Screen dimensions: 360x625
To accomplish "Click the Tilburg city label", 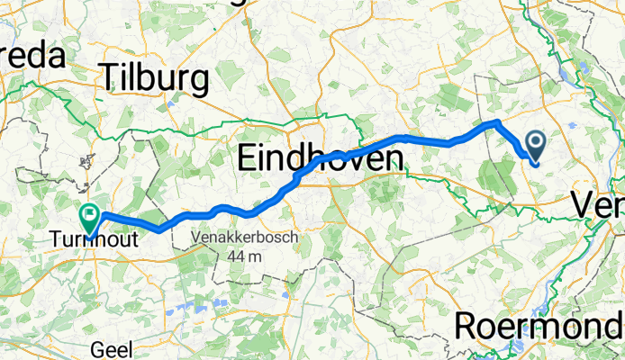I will click(x=156, y=78).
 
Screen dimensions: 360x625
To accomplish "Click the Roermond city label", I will click(x=539, y=325).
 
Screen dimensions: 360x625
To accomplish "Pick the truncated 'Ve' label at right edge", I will click(x=597, y=207).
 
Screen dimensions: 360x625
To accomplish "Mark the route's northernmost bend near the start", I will click(x=495, y=121).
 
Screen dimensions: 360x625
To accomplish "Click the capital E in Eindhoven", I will click(x=249, y=160).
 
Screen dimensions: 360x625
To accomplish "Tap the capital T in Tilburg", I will click(x=112, y=78).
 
